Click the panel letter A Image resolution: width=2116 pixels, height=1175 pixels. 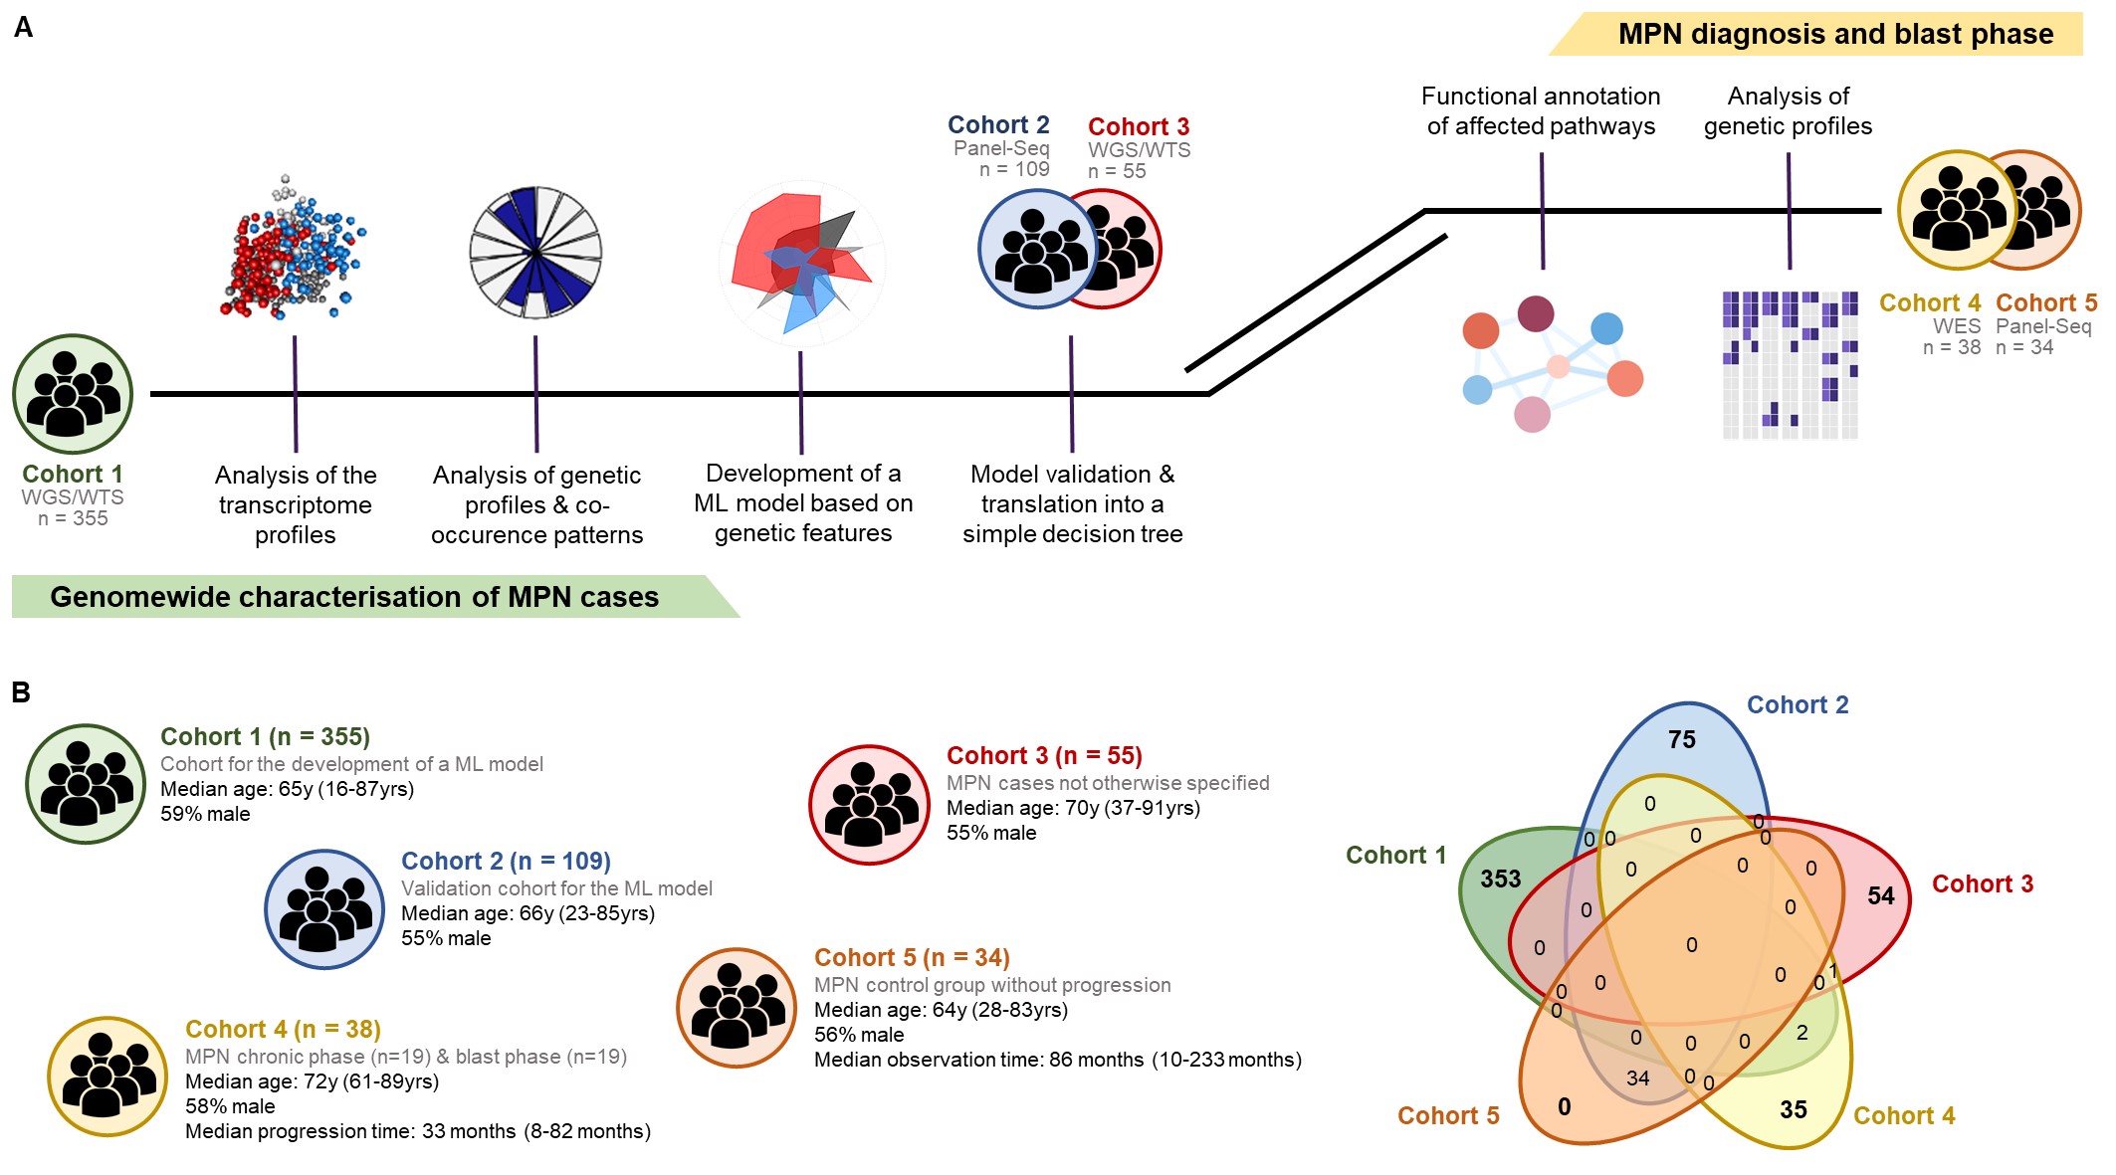tap(23, 28)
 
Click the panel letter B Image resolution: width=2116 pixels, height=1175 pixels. tap(21, 692)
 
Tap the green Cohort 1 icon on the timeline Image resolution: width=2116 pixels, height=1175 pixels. tap(73, 394)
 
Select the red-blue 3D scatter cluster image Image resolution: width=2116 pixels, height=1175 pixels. tap(292, 251)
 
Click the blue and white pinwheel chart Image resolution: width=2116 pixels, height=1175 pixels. tap(535, 253)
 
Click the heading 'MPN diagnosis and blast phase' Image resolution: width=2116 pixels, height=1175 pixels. tap(1834, 35)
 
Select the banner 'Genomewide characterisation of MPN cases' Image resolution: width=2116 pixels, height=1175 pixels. tap(354, 597)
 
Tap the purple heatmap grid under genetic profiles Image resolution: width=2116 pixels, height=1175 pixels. tap(1790, 364)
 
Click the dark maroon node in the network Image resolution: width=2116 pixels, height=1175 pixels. tap(1536, 313)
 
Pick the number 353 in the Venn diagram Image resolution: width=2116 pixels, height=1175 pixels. tap(1500, 880)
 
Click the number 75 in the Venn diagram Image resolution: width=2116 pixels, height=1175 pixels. tap(1681, 740)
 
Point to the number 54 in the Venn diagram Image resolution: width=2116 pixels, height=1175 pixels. tap(1880, 896)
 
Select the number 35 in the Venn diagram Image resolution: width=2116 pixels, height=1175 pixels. tap(1793, 1110)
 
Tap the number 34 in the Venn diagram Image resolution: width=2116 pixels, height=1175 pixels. tap(1637, 1078)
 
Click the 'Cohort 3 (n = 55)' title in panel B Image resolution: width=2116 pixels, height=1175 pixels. tap(1043, 756)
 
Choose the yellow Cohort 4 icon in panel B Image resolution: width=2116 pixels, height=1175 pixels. tap(107, 1077)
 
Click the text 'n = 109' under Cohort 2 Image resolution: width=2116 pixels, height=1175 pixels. tap(1013, 170)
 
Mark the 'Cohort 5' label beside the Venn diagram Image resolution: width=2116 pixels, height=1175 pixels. tap(1447, 1116)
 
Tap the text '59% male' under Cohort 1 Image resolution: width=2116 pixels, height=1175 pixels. tap(205, 814)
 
